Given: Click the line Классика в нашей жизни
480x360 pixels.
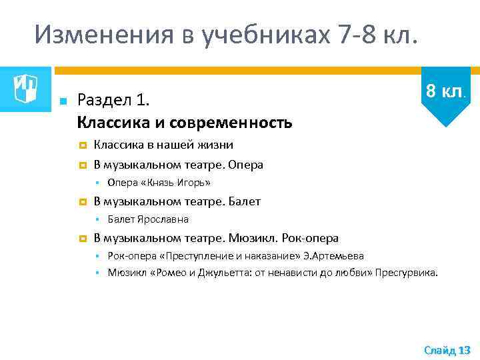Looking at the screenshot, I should click(163, 145).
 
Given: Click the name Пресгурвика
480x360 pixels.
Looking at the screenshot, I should click(407, 272).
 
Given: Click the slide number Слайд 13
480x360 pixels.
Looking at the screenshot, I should click(447, 350).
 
